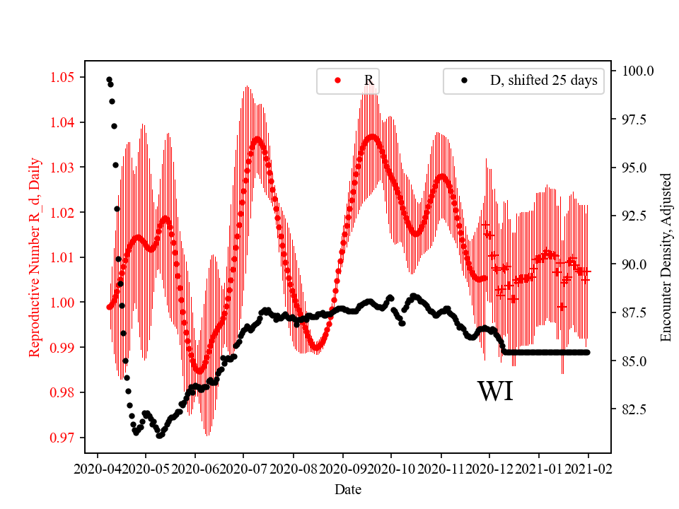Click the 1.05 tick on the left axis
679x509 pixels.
65,77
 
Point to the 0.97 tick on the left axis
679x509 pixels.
65,438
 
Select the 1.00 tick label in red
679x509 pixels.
65,303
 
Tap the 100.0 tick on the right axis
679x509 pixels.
638,71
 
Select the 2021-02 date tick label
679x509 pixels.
588,468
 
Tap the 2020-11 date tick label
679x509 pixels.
441,468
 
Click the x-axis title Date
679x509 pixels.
348,488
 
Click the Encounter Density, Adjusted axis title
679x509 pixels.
666,257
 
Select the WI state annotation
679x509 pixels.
495,391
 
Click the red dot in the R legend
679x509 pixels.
337,81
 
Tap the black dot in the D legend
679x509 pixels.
464,81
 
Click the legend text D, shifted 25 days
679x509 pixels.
543,81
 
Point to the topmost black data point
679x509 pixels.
109,79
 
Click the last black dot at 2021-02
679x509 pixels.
587,352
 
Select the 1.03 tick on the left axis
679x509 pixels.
65,168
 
